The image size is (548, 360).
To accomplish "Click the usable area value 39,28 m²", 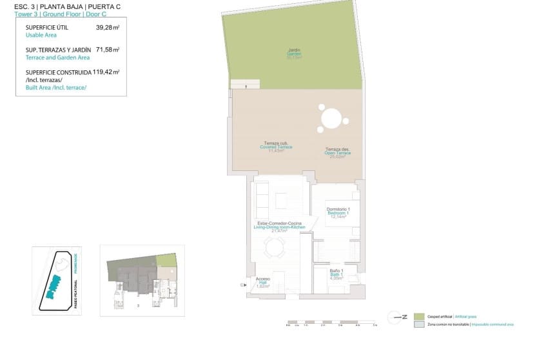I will (107, 28).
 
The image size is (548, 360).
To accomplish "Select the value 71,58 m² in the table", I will (107, 49).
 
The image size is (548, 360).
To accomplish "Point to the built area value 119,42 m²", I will (106, 72).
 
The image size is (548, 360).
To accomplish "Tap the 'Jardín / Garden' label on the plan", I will (294, 53).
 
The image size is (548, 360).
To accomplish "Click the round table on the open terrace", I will (331, 119).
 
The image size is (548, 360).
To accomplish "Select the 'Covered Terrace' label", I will (276, 146).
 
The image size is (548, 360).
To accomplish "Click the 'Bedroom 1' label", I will (338, 212).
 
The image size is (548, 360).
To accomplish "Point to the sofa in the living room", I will (261, 201).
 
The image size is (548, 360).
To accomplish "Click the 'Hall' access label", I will (262, 282).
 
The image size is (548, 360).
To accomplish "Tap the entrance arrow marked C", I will (244, 285).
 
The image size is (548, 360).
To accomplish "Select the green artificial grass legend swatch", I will (420, 316).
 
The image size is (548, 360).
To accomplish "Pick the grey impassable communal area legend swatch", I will (420, 325).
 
